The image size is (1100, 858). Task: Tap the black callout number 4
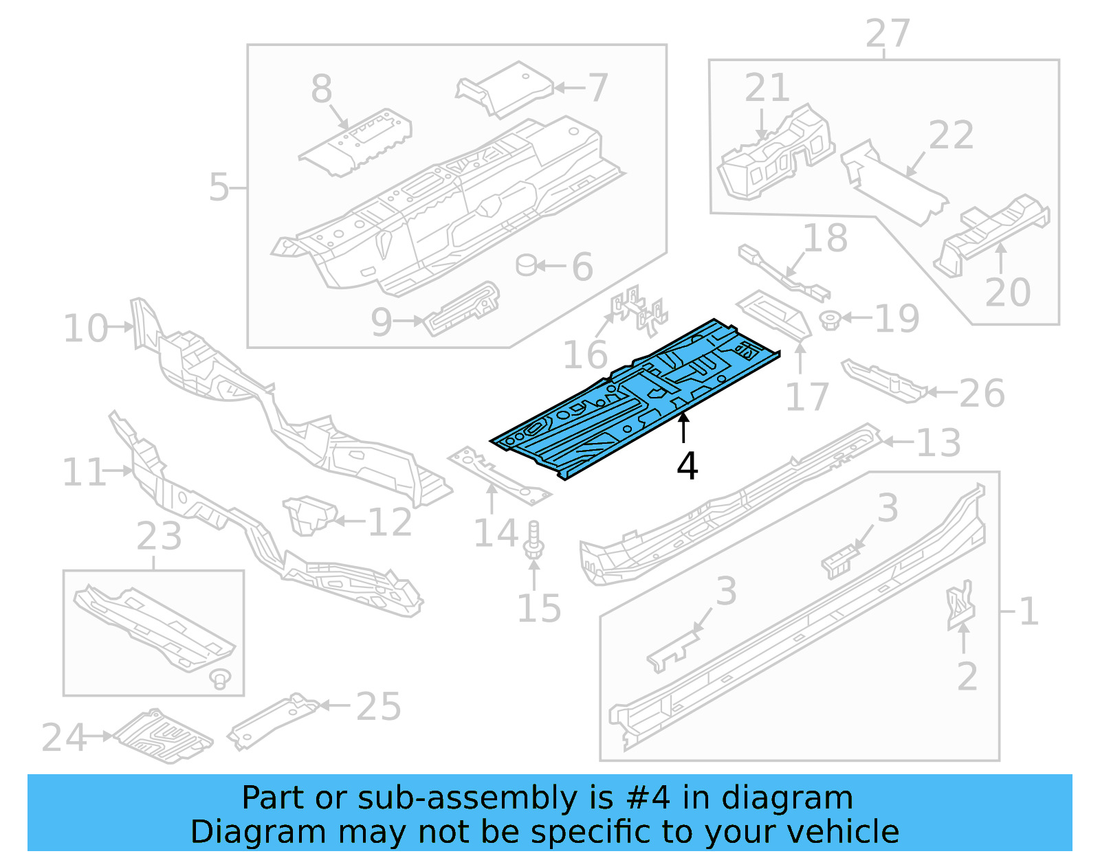[x=687, y=466]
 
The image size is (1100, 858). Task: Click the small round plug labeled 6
[x=527, y=264]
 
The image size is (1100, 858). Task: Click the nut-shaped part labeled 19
[x=830, y=319]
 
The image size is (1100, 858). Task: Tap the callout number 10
[x=85, y=328]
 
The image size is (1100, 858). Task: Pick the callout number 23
[x=159, y=537]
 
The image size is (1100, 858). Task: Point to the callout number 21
[x=767, y=88]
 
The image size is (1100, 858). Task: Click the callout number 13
[x=938, y=443]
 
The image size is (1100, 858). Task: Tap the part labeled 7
[x=505, y=89]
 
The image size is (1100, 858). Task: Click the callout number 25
[x=378, y=706]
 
